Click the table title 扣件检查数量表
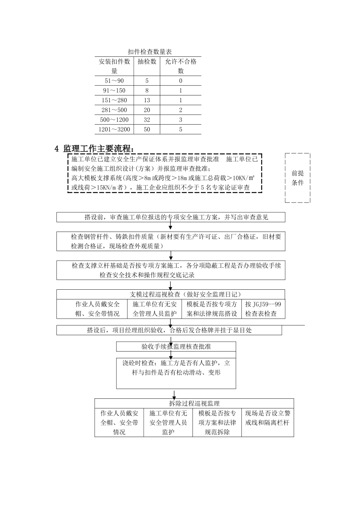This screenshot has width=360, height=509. [x=150, y=52]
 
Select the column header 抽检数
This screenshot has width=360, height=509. [x=147, y=61]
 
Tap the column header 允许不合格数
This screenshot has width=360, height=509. [x=181, y=66]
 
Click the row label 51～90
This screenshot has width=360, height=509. [x=114, y=81]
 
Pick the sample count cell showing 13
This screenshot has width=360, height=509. [x=147, y=100]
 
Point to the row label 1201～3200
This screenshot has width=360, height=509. [x=114, y=130]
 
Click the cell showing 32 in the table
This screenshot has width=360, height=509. [x=147, y=120]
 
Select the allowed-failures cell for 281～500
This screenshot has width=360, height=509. [x=181, y=110]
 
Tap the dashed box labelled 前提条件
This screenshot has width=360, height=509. [x=297, y=178]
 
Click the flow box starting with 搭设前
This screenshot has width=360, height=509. [x=171, y=217]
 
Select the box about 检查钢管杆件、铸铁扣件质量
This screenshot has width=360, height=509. [x=171, y=241]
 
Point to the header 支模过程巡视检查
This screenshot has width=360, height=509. [x=171, y=294]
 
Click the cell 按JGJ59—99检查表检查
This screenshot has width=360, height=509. [x=263, y=309]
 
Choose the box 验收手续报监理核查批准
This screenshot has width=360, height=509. [x=176, y=347]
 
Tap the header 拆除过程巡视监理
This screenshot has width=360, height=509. [x=194, y=403]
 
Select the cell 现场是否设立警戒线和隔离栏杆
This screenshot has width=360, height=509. [x=268, y=418]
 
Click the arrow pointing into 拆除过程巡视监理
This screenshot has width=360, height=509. [x=174, y=394]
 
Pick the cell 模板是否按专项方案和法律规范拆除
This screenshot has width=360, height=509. [x=217, y=423]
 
